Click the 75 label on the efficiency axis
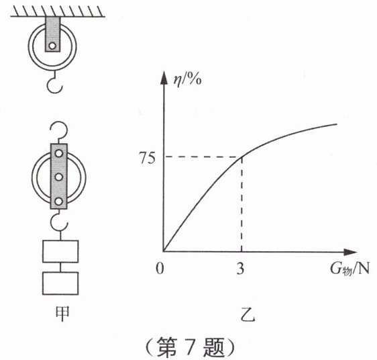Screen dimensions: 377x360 click(148, 159)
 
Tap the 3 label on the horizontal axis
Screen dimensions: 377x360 click(240, 269)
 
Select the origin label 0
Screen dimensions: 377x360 click(160, 269)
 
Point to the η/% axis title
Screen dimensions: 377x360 click(188, 80)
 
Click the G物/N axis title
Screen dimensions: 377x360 click(349, 269)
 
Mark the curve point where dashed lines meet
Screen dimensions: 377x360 click(241, 157)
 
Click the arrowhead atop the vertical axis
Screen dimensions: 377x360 click(164, 78)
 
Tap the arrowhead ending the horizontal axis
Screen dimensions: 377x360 click(350, 252)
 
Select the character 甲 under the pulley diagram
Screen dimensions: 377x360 click(62, 313)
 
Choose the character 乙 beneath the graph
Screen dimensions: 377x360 click(248, 315)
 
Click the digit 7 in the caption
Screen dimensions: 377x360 click(191, 347)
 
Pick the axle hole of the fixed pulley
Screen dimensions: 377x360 click(52, 46)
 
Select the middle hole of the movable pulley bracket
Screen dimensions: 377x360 click(59, 177)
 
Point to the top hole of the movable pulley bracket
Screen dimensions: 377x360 click(59, 153)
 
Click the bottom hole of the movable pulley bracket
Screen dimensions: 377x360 click(59, 201)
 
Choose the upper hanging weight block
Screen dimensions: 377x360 click(60, 251)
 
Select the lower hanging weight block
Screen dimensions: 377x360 click(60, 283)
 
